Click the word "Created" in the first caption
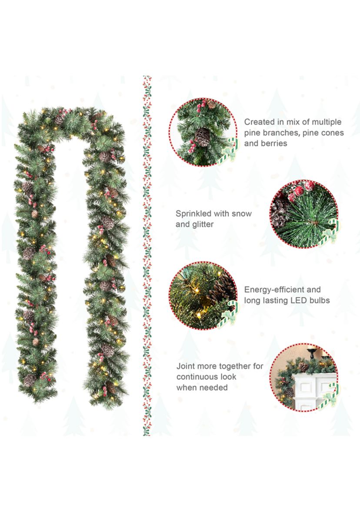[260, 122]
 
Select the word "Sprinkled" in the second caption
[193, 214]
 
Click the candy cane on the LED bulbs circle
[230, 314]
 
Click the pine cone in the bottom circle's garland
[303, 367]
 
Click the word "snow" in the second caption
[242, 214]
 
